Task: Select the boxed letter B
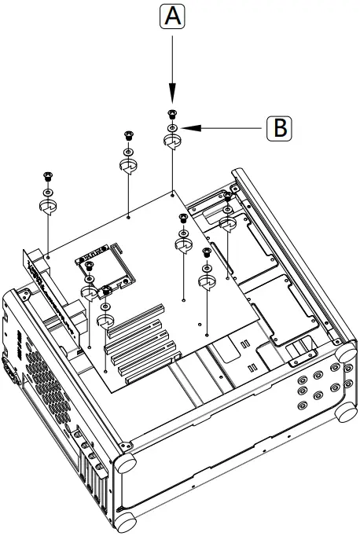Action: pos(278,127)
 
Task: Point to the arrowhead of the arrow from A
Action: pos(172,100)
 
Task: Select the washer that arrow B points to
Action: pos(172,127)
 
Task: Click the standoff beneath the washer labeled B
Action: pos(172,142)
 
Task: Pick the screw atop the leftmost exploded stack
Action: pos(47,177)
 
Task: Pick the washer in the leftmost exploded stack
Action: pos(47,191)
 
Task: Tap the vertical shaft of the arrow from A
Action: pos(172,63)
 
